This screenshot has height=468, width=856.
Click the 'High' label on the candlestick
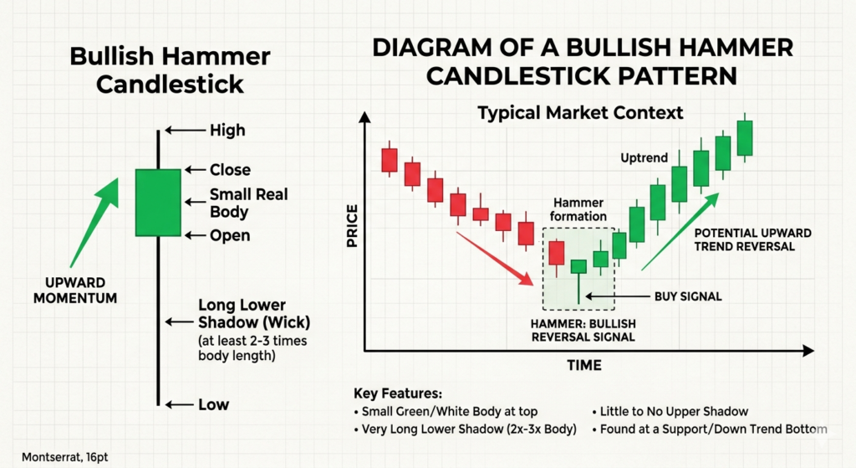[227, 130]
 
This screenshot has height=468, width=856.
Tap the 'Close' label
[230, 170]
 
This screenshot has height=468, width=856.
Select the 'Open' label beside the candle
[230, 235]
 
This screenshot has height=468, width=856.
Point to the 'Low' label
[213, 404]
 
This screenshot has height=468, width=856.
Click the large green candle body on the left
[158, 203]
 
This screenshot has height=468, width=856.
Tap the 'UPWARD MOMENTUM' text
[75, 291]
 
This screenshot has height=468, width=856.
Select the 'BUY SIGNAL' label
[688, 296]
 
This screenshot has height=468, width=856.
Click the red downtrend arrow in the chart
[495, 258]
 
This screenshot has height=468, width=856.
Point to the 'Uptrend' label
[645, 158]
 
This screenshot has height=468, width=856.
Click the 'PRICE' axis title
[352, 226]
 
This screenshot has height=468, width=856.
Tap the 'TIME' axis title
[584, 365]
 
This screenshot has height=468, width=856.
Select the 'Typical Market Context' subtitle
[580, 113]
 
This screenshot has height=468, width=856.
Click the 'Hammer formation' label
[578, 209]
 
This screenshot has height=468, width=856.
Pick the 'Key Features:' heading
[398, 393]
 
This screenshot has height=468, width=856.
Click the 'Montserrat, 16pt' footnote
[65, 457]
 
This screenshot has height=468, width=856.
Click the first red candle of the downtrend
[390, 160]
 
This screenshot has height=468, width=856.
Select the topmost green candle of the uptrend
[745, 138]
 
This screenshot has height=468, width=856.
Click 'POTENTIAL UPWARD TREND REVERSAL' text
[753, 239]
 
